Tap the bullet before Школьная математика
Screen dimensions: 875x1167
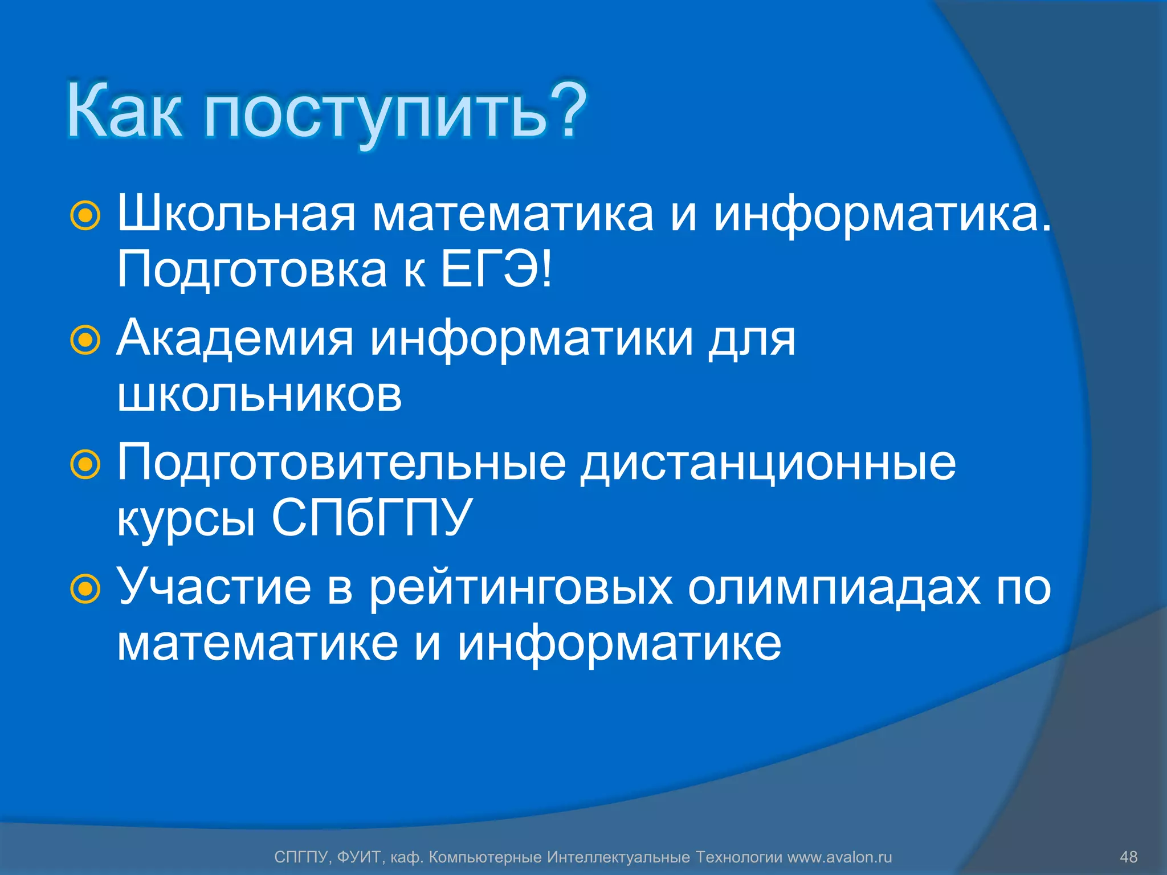tap(85, 216)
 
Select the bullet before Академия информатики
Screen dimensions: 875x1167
tap(85, 340)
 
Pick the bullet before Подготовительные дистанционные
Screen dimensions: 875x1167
tap(85, 464)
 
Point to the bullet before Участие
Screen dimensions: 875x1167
tap(85, 588)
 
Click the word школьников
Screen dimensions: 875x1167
tap(259, 395)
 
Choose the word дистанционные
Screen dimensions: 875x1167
tap(768, 463)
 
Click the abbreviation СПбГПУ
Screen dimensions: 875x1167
tap(372, 518)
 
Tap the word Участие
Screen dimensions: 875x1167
tap(214, 587)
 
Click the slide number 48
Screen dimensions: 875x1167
tap(1128, 857)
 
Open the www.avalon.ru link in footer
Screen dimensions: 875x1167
tap(839, 857)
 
